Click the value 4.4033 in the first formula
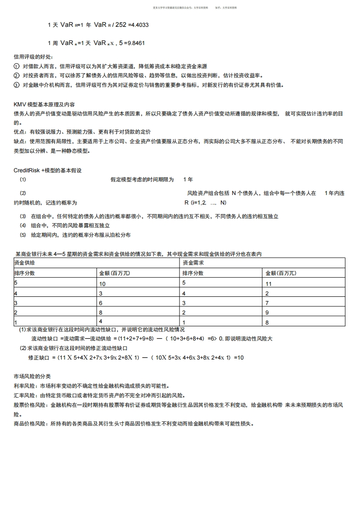(x=139, y=25)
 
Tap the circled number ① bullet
(x=17, y=66)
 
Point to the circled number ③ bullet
(x=17, y=85)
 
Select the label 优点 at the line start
(x=19, y=132)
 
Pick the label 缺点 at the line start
(x=19, y=141)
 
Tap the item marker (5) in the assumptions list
(x=23, y=235)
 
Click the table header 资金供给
(x=25, y=263)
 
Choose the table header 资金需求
(x=193, y=263)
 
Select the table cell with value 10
(x=102, y=284)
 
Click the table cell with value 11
(x=268, y=284)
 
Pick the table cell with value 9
(x=267, y=313)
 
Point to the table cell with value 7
(x=267, y=303)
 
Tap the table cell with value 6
(x=101, y=303)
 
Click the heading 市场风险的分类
(x=32, y=376)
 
